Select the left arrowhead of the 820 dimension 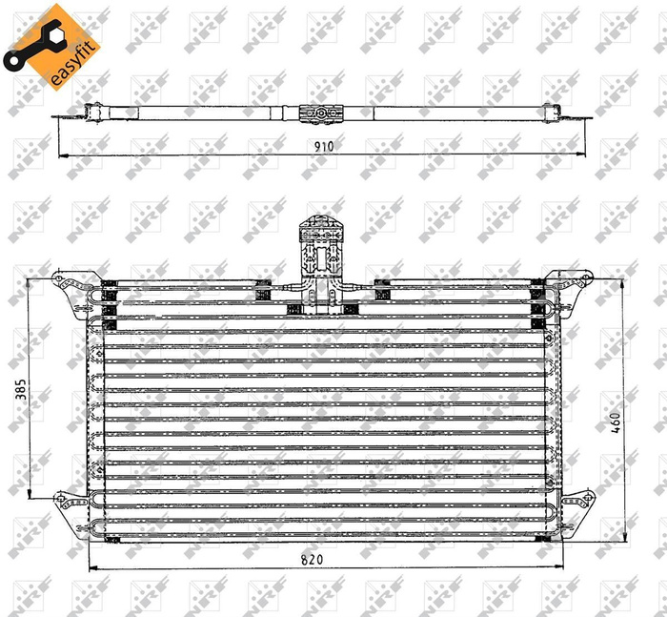click(91, 569)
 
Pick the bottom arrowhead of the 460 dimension click(624, 541)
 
